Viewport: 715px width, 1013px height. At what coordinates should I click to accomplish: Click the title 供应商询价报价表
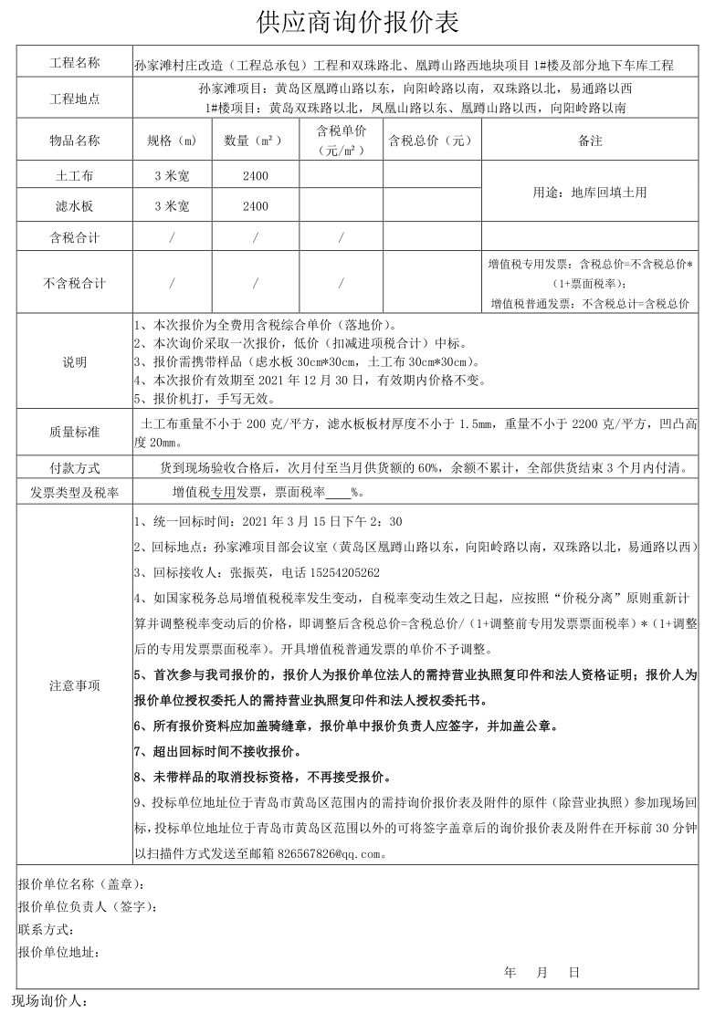click(x=358, y=22)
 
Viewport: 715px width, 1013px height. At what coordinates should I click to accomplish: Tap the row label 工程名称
click(x=75, y=64)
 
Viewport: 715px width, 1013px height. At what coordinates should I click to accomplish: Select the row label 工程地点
click(x=75, y=99)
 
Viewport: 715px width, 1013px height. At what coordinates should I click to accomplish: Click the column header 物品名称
click(x=75, y=141)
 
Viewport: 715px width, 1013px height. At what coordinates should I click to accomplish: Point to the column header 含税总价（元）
click(x=431, y=141)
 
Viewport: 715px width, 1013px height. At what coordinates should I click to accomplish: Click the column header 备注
click(x=590, y=141)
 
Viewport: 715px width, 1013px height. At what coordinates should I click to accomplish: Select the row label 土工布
click(x=75, y=175)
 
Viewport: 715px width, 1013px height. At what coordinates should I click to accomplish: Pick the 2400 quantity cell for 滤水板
click(x=256, y=207)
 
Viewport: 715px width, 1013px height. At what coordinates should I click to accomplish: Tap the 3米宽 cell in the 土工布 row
click(x=172, y=175)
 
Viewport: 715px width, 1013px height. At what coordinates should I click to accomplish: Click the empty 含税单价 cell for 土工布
click(x=341, y=175)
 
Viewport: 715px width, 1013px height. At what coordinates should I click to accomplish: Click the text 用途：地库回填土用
click(x=590, y=192)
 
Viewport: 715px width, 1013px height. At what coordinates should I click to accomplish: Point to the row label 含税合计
click(x=75, y=238)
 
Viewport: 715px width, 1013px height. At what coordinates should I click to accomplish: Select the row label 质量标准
click(x=75, y=432)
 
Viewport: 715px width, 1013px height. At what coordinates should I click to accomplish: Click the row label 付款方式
click(x=75, y=468)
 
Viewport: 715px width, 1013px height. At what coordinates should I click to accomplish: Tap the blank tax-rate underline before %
click(x=338, y=493)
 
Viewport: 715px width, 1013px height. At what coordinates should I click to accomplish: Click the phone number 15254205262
click(x=332, y=573)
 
